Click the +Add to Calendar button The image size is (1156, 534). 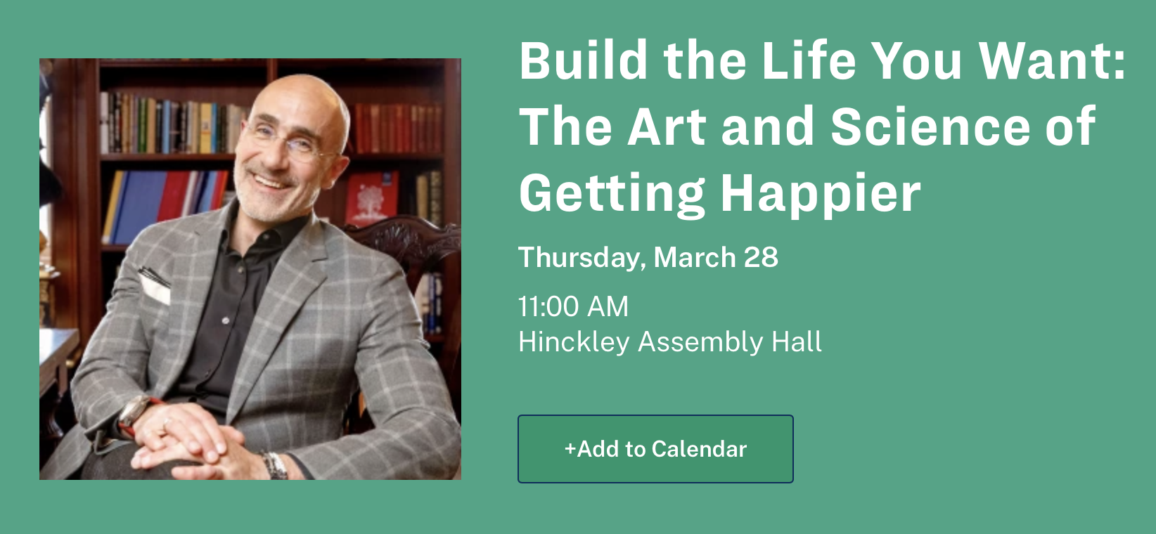(x=655, y=449)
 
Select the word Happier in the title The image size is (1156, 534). (x=821, y=195)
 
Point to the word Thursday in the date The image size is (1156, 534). (x=579, y=258)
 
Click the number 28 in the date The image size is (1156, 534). (x=761, y=257)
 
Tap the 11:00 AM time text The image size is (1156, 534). (x=573, y=306)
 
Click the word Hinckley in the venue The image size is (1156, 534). (x=574, y=343)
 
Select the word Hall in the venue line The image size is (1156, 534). (x=796, y=341)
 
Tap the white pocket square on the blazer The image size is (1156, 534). (x=154, y=286)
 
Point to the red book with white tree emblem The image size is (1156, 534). (x=371, y=198)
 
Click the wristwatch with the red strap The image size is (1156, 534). (x=136, y=415)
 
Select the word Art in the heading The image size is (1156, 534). (x=667, y=126)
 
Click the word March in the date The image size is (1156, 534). (x=694, y=257)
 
